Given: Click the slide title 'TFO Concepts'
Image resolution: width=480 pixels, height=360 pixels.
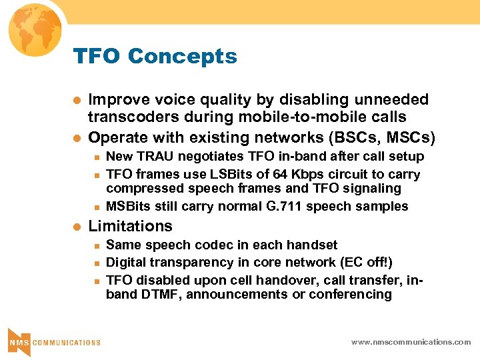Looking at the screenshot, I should coord(155,57).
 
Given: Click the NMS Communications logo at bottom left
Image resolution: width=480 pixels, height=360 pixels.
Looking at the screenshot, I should coord(53,342).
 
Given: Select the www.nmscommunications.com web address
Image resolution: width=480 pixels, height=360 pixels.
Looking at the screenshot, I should coord(411,342).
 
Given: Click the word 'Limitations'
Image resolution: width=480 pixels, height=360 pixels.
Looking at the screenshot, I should coord(130,226).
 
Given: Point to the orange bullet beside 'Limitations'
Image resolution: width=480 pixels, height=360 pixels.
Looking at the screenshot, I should coord(77,227).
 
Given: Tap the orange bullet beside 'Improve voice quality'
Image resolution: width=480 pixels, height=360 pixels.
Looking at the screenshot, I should coord(77,100).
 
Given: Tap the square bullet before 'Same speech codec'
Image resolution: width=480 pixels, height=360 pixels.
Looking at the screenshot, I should coord(95,245).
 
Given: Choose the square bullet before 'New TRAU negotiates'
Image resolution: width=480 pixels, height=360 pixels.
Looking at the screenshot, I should coord(95,157).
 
